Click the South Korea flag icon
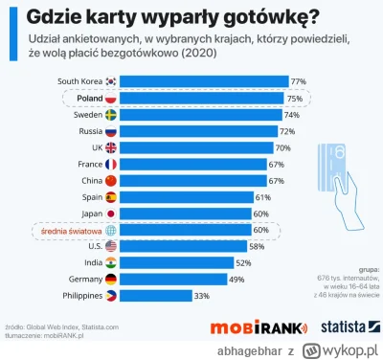(x=110, y=81)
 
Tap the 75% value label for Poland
(x=296, y=98)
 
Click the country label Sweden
(x=85, y=114)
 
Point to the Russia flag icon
(x=110, y=130)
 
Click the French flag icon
(x=110, y=164)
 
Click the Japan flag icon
(x=110, y=213)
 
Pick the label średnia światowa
(x=71, y=230)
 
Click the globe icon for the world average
(x=110, y=230)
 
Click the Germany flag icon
(x=110, y=279)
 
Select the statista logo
(x=339, y=327)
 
